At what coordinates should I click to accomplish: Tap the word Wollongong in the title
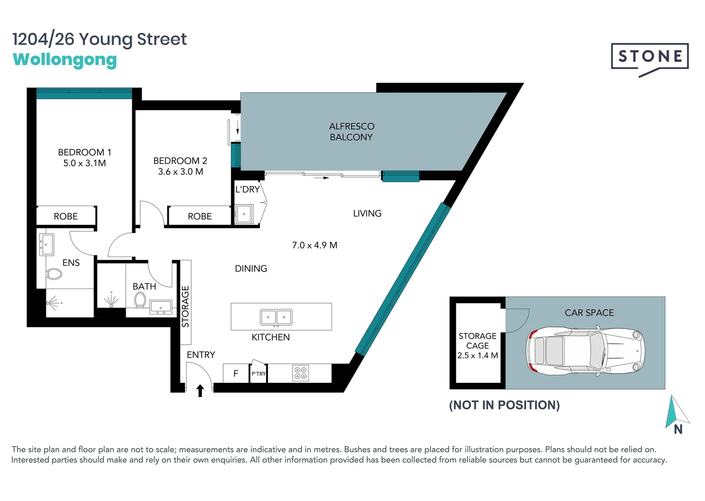[x=65, y=60]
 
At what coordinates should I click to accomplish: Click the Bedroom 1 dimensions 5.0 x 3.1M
[x=84, y=163]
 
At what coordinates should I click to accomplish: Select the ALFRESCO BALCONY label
[x=352, y=132]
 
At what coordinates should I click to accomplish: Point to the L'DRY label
[x=248, y=189]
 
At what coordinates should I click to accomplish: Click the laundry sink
[x=244, y=214]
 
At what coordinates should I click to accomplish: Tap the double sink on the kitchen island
[x=276, y=317]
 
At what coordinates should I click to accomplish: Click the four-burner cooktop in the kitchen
[x=301, y=373]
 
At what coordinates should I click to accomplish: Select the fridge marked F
[x=236, y=373]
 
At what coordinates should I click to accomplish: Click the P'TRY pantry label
[x=259, y=374]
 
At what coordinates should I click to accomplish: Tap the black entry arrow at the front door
[x=200, y=391]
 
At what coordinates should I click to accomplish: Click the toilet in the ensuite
[x=54, y=274]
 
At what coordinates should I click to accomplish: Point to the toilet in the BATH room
[x=140, y=300]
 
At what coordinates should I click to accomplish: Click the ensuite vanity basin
[x=46, y=244]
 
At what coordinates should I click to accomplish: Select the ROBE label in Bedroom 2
[x=199, y=216]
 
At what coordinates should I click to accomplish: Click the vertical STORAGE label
[x=186, y=307]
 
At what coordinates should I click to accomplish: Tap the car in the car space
[x=585, y=351]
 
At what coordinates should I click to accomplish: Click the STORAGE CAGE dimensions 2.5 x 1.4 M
[x=477, y=356]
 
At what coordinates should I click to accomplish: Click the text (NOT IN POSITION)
[x=504, y=405]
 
